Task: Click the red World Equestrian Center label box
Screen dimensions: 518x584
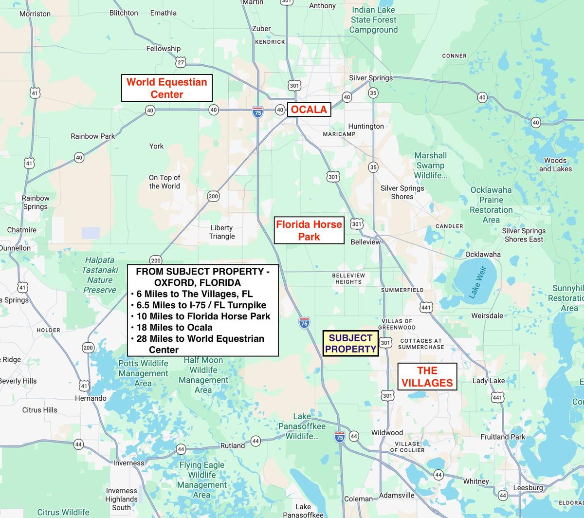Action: pyautogui.click(x=166, y=88)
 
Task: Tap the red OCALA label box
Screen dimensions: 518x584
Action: pyautogui.click(x=309, y=110)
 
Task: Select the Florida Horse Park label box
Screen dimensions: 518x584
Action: pyautogui.click(x=309, y=230)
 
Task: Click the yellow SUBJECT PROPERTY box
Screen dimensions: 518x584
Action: pyautogui.click(x=350, y=343)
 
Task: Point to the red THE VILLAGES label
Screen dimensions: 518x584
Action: pyautogui.click(x=427, y=377)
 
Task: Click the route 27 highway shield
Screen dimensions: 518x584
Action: pyautogui.click(x=181, y=63)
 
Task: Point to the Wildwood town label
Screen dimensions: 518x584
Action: pyautogui.click(x=387, y=432)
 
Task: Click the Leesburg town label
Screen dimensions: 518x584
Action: pyautogui.click(x=528, y=487)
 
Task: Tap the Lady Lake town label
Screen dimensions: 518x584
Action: pyautogui.click(x=489, y=380)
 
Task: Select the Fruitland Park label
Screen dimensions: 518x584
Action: pyautogui.click(x=503, y=437)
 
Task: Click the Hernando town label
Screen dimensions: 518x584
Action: pyautogui.click(x=91, y=398)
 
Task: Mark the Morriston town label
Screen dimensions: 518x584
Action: pyautogui.click(x=35, y=14)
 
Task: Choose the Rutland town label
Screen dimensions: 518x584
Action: pyautogui.click(x=233, y=445)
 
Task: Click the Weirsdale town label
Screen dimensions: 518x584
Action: pyautogui.click(x=487, y=315)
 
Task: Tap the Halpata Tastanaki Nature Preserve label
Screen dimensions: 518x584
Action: pyautogui.click(x=99, y=275)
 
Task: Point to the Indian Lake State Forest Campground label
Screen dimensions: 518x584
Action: pyautogui.click(x=373, y=20)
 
